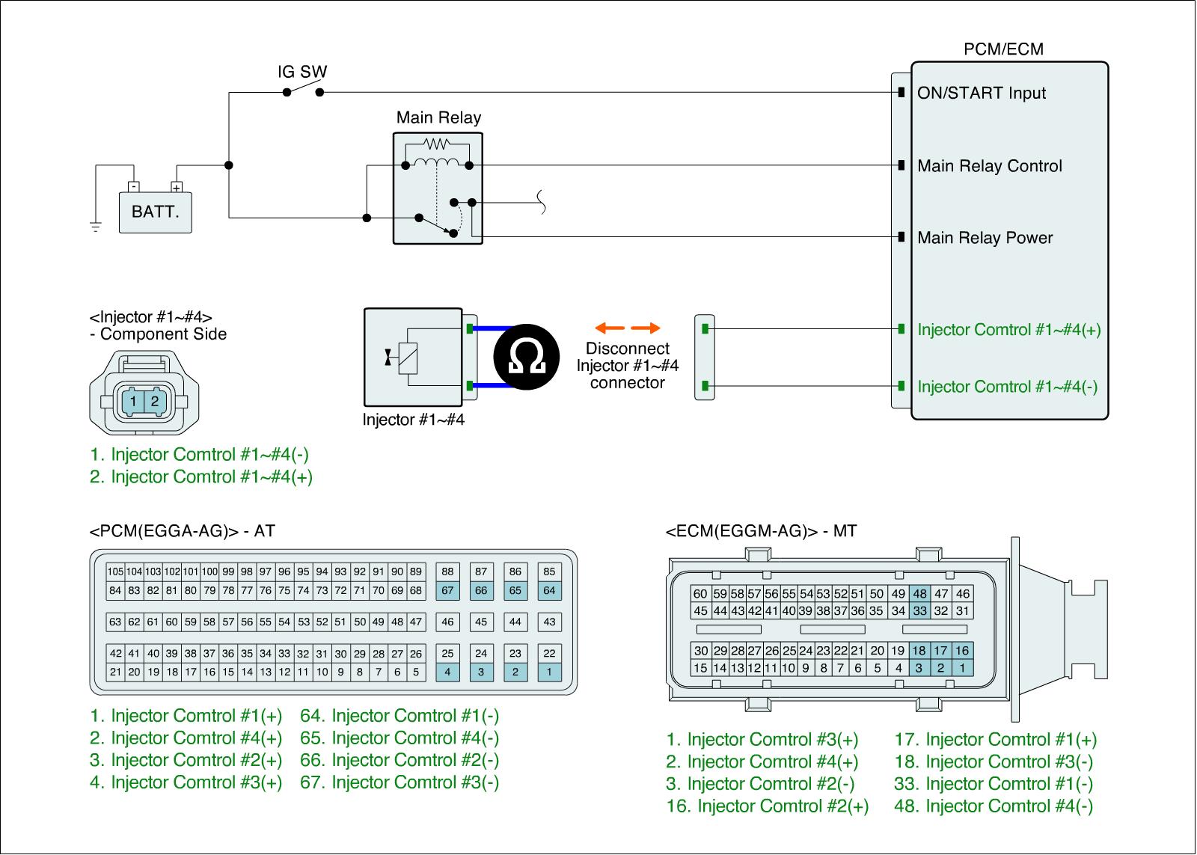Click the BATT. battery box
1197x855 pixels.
click(x=155, y=212)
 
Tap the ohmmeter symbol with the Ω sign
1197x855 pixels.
click(x=527, y=357)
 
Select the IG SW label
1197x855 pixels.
click(x=302, y=73)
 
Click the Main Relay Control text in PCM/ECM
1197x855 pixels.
click(x=989, y=166)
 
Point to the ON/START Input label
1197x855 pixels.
click(x=982, y=94)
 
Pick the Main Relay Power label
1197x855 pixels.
click(x=985, y=238)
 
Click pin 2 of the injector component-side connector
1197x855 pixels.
click(x=155, y=401)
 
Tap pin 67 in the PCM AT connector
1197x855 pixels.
click(x=447, y=590)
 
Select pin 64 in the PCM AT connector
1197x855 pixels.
click(x=549, y=590)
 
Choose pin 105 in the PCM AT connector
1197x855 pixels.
click(x=115, y=571)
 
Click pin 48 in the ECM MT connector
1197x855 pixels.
click(x=919, y=594)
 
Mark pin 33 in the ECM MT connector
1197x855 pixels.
click(x=919, y=610)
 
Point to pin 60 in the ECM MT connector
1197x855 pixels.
click(x=700, y=594)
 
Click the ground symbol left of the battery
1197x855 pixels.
click(x=96, y=227)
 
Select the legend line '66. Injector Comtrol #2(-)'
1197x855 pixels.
click(x=399, y=760)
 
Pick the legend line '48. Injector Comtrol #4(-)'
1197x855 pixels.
click(x=993, y=806)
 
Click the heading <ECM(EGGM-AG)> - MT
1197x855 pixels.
click(x=761, y=532)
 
